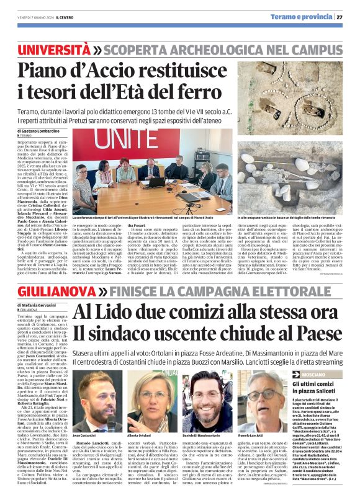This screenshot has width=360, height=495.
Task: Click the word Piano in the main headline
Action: point(43,73)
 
